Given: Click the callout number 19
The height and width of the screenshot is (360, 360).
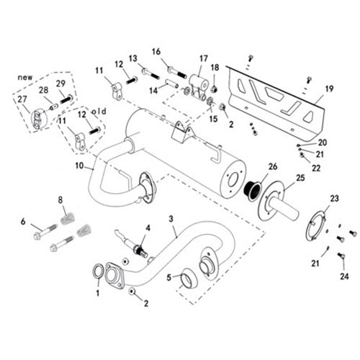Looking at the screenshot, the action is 329,89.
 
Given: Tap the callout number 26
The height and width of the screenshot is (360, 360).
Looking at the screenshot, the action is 273,166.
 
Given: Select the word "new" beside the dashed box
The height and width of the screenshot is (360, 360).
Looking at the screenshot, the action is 25,78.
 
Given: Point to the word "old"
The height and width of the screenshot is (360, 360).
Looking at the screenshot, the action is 99,112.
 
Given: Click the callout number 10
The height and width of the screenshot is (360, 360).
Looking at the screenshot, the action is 79,166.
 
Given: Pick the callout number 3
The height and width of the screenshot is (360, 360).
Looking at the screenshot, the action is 171,219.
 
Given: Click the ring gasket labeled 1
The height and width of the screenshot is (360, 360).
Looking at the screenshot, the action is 98,271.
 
